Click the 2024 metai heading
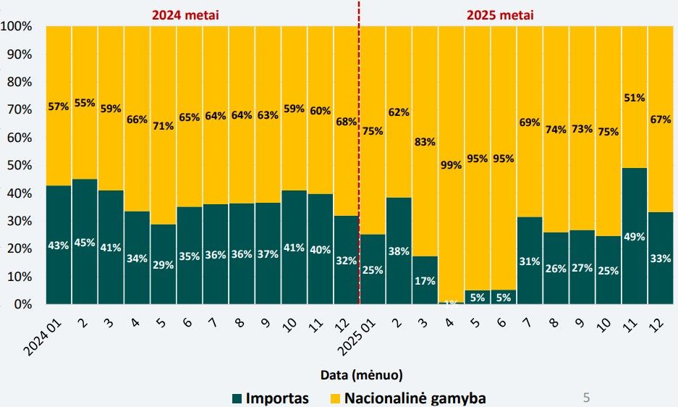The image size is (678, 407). (185, 14)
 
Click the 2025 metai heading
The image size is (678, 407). (501, 14)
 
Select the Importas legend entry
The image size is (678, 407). (270, 398)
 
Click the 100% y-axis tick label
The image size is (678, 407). (15, 27)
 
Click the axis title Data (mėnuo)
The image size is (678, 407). (361, 375)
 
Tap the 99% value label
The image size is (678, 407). (450, 166)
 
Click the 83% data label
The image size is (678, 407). (425, 142)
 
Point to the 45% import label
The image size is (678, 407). (85, 243)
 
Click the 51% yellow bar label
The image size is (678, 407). (635, 98)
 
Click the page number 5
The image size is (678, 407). (586, 397)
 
